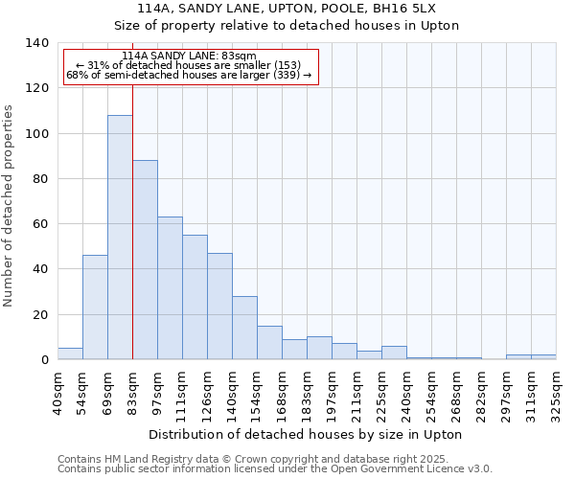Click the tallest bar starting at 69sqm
pyautogui.click(x=120, y=238)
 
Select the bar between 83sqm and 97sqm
pyautogui.click(x=145, y=260)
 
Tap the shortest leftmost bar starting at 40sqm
pyautogui.click(x=70, y=354)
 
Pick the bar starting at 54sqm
pyautogui.click(x=95, y=308)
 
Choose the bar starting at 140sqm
pyautogui.click(x=244, y=328)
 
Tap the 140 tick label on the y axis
pyautogui.click(x=37, y=43)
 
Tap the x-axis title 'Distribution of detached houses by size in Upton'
pyautogui.click(x=307, y=435)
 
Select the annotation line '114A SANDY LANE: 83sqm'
pyautogui.click(x=190, y=57)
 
